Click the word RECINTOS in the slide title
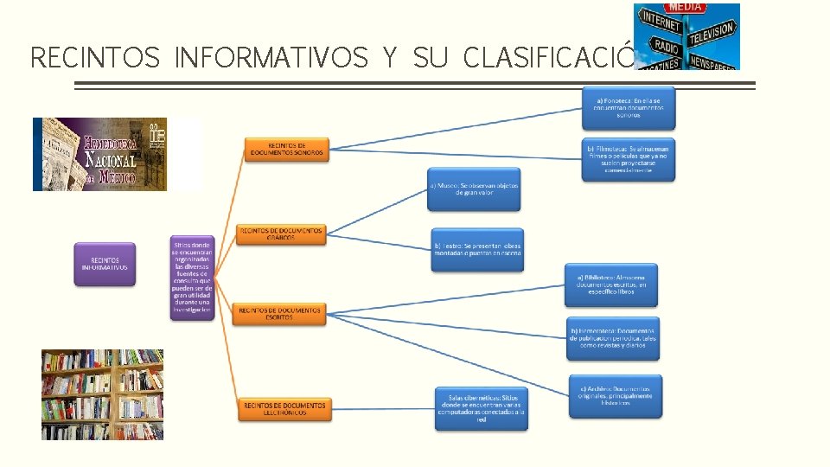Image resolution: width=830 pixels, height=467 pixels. pos(95,58)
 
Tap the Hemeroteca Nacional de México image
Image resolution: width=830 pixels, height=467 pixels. pos(99,154)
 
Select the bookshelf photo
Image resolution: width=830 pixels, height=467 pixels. pos(102,394)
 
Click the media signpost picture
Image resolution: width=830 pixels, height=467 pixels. pos(686,36)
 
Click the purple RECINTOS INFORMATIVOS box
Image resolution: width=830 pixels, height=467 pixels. pos(105,264)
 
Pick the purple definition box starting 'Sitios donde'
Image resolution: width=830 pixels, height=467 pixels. pos(192,278)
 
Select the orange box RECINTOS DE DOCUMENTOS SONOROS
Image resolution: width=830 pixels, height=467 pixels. pos(285,149)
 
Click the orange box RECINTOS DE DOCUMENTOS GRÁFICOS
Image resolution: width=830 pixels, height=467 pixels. pos(280,233)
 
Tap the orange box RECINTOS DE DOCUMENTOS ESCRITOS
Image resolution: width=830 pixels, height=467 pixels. pos(279,313)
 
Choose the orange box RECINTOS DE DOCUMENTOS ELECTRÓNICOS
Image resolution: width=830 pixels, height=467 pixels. pos(284,408)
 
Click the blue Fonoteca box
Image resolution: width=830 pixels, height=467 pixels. pos(628,108)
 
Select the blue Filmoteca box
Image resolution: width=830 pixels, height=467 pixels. pos(628,158)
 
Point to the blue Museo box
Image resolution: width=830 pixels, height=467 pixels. pos(475,189)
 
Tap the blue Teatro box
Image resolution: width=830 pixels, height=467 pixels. pos(477,250)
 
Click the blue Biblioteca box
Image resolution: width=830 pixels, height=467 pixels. pos(611,285)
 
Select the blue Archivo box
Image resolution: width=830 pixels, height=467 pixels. pos(615,396)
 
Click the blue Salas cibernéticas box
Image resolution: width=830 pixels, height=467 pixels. pos(481,407)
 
